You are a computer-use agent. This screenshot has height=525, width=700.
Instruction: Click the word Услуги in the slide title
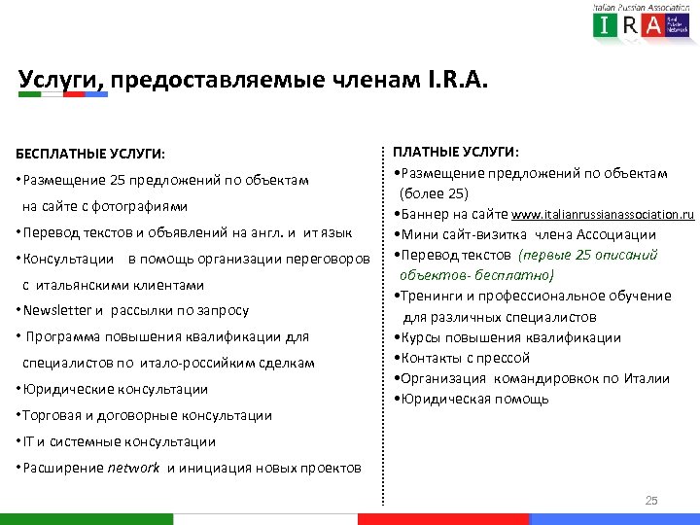[60, 79]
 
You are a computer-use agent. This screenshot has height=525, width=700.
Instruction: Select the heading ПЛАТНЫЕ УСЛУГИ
[455, 152]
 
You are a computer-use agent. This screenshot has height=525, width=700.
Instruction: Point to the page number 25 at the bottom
[651, 501]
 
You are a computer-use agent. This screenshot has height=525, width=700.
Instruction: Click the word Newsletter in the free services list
[57, 311]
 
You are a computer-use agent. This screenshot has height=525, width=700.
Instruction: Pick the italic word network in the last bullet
[133, 468]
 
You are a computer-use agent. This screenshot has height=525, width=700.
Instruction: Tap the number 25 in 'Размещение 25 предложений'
[118, 180]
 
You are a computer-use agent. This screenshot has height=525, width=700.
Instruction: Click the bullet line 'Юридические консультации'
[115, 389]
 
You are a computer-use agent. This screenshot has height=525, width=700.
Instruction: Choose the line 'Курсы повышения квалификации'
[508, 337]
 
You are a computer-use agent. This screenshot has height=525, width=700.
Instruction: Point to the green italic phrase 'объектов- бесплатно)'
[476, 275]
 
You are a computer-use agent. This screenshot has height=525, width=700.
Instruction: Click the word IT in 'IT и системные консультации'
[24, 441]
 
